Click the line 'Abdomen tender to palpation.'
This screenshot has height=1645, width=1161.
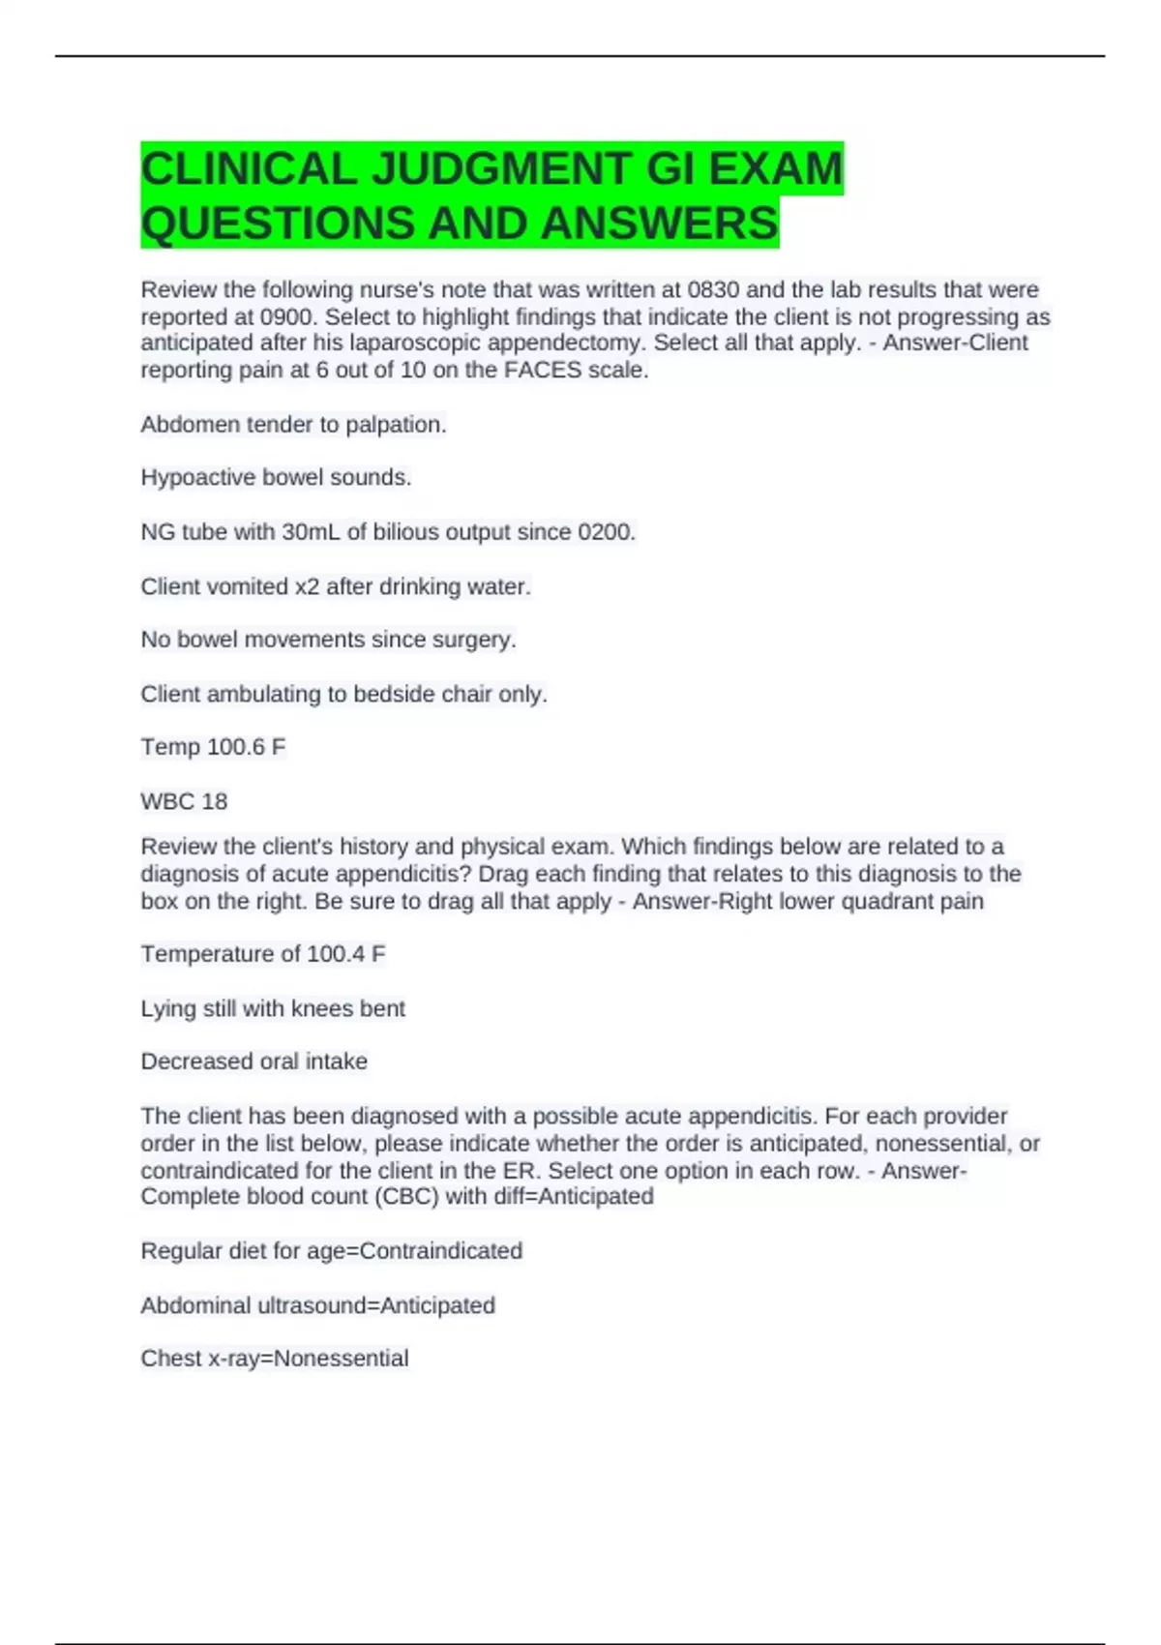coord(293,424)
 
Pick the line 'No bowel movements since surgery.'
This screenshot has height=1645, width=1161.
coord(328,640)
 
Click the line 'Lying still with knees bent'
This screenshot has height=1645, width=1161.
coord(273,1008)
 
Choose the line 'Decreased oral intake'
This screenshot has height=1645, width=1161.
coord(253,1062)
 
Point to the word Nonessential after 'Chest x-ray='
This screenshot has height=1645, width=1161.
coord(341,1359)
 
